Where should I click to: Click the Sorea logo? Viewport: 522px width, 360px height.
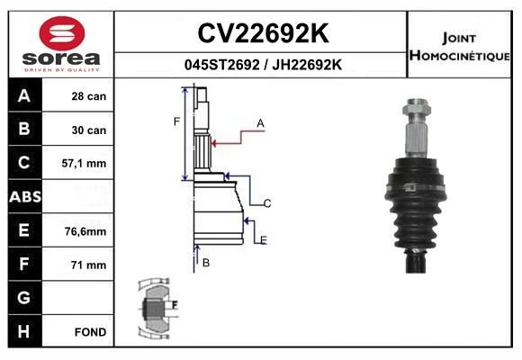coord(59,42)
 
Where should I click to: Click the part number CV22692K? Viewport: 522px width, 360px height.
coord(262,33)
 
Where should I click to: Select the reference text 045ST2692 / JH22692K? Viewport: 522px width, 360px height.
coord(262,65)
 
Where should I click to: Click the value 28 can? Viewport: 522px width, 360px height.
coord(89,96)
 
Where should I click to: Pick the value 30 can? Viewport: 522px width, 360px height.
coord(89,130)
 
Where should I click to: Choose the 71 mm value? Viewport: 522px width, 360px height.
coord(89,265)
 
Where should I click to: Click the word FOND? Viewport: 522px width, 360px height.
coord(91,332)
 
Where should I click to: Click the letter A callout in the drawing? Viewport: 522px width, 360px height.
coord(260,122)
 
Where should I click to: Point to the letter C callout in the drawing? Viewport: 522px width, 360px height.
coord(267,203)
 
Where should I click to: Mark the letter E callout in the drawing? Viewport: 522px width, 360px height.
coord(263,240)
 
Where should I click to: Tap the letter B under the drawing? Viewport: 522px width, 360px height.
coord(206,263)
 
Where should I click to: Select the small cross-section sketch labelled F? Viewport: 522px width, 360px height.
coord(158,308)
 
